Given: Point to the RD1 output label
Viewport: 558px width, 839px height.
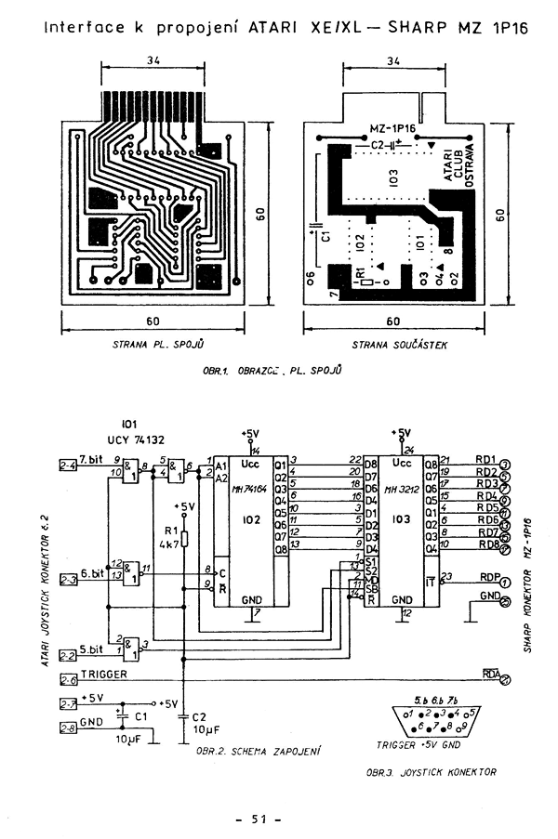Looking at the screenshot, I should click(485, 459).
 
